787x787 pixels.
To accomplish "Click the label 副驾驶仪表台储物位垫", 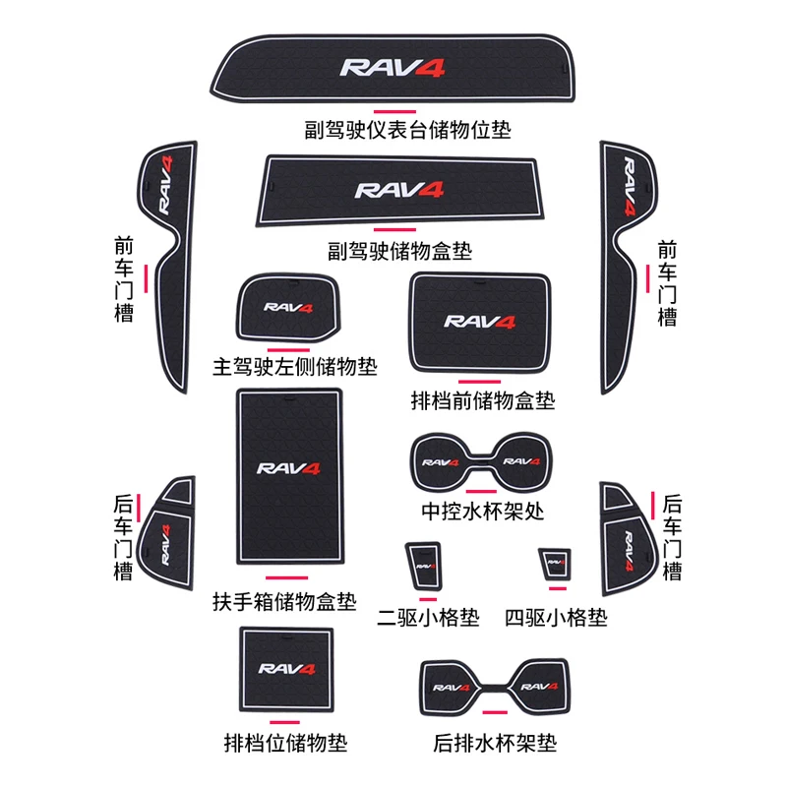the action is (x=407, y=128).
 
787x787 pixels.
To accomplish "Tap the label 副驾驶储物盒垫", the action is (x=401, y=251).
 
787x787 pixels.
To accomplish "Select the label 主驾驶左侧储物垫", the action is (x=295, y=367).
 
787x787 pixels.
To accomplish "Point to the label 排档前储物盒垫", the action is (x=483, y=400).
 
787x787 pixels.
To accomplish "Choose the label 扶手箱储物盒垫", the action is (x=284, y=600).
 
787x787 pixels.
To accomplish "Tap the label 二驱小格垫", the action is (x=429, y=618).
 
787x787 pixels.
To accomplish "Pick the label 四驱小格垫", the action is (x=556, y=618).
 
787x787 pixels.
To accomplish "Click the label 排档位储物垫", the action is (x=285, y=742).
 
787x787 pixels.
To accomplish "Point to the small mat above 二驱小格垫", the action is (x=424, y=565).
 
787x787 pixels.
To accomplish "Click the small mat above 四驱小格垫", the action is (x=553, y=564).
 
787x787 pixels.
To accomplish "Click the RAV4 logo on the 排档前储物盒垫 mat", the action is (x=480, y=321).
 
